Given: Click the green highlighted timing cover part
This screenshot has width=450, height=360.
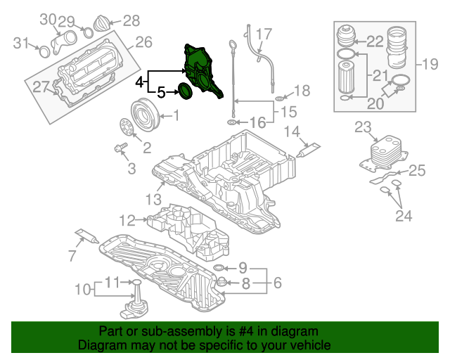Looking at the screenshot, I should point(200,67).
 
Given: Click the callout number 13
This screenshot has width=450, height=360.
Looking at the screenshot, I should point(154,200).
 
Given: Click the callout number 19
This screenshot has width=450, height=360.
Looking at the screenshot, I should point(429,65).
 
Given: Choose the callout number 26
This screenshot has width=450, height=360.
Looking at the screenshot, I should point(143,43).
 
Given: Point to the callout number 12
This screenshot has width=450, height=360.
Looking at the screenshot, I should point(127,221).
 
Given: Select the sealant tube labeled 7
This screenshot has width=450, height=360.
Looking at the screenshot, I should point(85,236).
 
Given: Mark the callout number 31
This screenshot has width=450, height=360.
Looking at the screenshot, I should point(22,43).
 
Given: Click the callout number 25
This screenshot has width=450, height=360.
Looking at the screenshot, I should point(417,170).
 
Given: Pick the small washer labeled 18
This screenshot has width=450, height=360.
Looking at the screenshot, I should point(279,96).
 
